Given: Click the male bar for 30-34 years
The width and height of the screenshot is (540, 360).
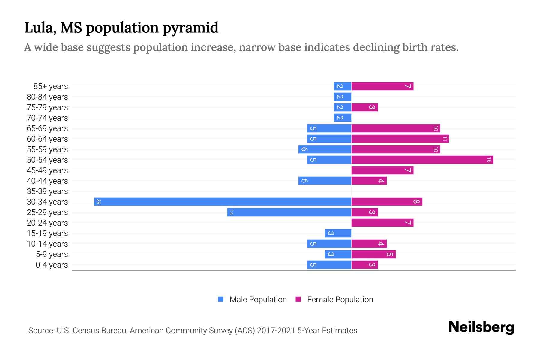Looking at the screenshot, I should (223, 202).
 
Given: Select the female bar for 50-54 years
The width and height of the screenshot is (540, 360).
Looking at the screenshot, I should (422, 160).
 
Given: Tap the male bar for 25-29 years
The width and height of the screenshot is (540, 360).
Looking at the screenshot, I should (289, 212).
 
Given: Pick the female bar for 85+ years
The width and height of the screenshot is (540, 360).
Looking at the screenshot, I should (382, 86).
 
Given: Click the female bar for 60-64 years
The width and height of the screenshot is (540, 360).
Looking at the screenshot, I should (400, 139).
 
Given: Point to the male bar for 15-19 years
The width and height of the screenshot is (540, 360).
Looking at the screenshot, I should (338, 233).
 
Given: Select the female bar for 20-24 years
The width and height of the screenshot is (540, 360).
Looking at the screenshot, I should (382, 223).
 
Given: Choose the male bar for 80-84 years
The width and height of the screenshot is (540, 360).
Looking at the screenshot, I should (342, 97).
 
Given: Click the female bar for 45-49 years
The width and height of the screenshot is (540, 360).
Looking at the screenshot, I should (382, 170).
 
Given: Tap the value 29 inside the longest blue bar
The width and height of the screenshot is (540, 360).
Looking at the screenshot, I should (98, 202).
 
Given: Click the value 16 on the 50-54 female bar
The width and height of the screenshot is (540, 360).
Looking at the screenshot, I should (489, 160).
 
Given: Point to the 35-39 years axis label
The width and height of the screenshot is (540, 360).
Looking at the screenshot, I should (47, 191).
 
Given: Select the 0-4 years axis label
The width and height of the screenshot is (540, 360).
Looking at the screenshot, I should (52, 265).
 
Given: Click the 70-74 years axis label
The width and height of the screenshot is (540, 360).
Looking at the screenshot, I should (47, 118).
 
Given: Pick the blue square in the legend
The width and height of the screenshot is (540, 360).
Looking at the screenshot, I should (221, 299).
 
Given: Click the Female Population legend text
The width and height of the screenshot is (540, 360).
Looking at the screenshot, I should (340, 299).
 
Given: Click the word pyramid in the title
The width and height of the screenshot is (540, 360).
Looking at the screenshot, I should (190, 28).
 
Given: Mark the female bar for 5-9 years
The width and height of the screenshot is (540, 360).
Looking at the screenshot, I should (373, 254).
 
